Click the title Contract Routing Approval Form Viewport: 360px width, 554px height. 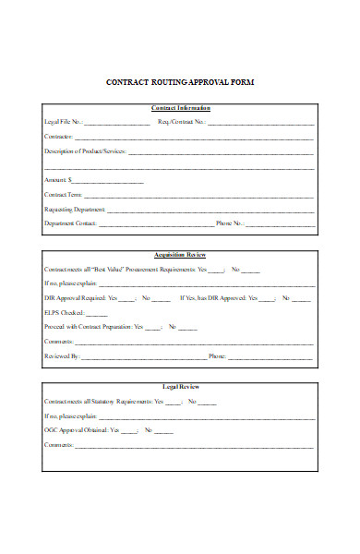pos(180,82)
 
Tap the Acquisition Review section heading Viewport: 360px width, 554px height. pos(179,254)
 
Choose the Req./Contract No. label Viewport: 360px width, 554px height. pos(182,122)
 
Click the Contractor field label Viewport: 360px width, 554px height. pos(60,137)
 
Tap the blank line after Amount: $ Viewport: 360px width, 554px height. pos(107,180)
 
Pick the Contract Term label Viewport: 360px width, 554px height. pos(64,195)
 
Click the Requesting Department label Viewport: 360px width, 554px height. pos(73,210)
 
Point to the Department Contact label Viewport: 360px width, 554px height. pos(70,223)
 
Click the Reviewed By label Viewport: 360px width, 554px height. pos(62,355)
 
